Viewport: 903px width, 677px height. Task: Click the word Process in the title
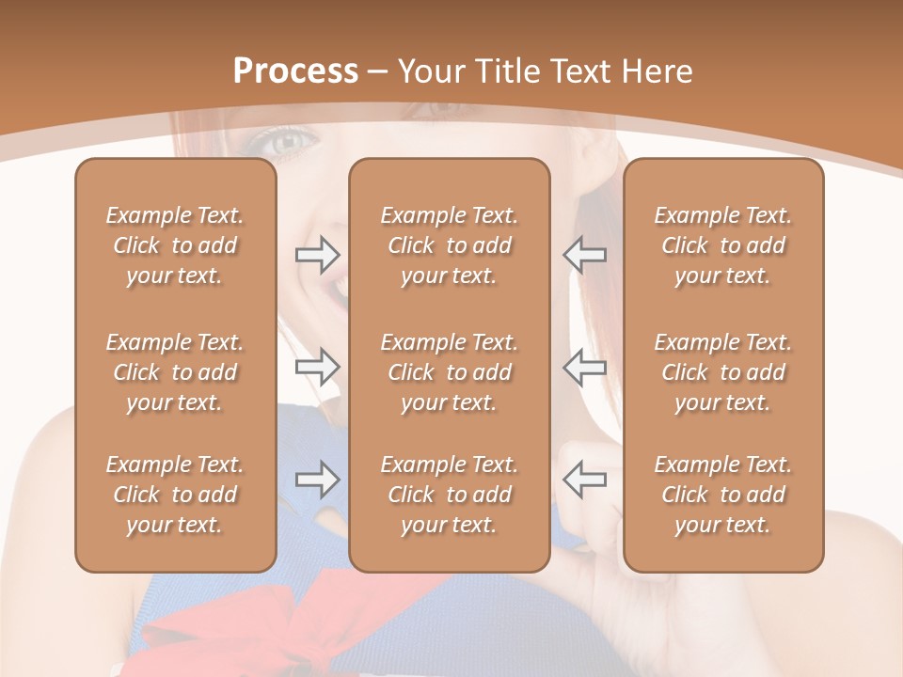pos(295,71)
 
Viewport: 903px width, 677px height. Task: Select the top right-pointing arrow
pos(317,254)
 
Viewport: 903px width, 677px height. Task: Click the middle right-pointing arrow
pos(317,367)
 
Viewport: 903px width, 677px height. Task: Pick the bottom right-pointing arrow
pos(317,480)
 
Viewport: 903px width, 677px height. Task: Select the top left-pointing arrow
pos(585,254)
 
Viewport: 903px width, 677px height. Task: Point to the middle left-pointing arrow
pos(585,367)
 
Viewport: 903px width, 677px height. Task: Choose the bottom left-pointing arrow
pos(585,480)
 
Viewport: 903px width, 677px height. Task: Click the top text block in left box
pos(175,245)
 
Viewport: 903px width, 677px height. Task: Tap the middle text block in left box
pos(175,372)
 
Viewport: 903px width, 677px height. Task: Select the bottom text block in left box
pos(175,495)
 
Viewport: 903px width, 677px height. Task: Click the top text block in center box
pos(449,245)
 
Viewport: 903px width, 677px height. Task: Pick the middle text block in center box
pos(449,372)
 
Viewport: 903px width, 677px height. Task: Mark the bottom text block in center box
pos(449,495)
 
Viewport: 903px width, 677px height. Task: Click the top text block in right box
pos(723,245)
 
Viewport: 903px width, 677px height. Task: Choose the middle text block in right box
pos(723,372)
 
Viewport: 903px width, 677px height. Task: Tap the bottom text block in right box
pos(723,495)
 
